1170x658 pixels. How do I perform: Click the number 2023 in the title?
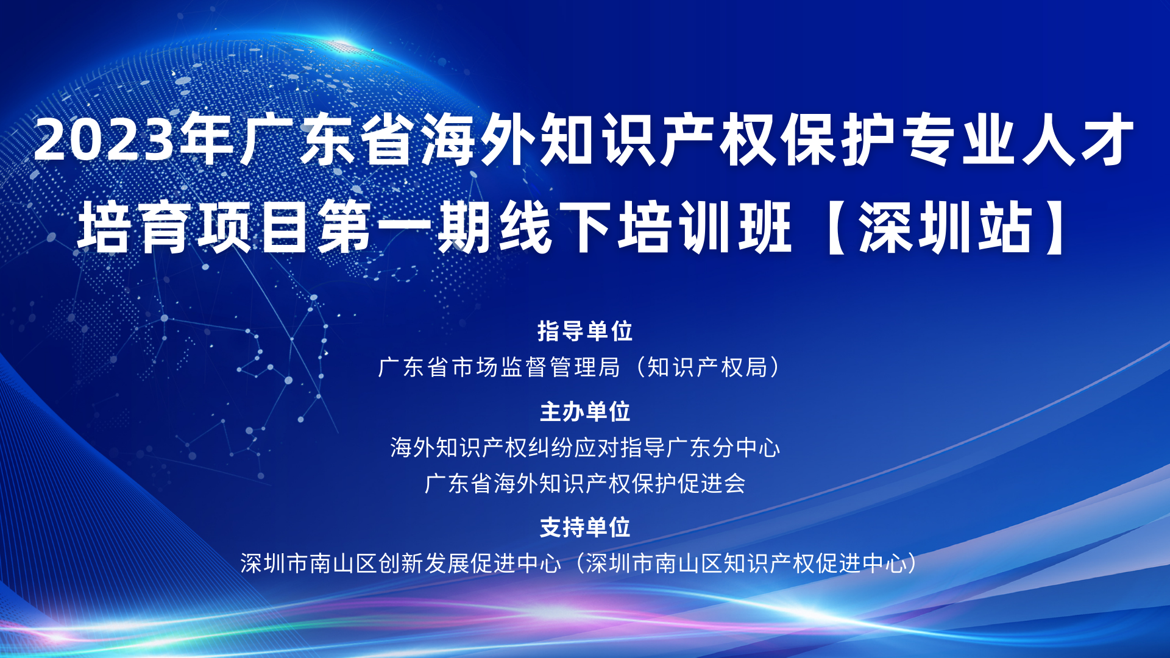[104, 140]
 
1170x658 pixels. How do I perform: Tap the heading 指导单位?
[585, 331]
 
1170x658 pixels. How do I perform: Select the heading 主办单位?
[585, 412]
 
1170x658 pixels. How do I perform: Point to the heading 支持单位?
[585, 528]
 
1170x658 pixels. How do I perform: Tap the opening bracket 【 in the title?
[834, 227]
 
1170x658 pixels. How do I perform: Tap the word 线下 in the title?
[555, 227]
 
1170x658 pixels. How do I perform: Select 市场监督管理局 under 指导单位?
[536, 367]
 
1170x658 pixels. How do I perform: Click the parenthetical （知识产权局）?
[707, 367]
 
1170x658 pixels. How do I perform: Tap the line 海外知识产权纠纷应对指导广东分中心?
[585, 448]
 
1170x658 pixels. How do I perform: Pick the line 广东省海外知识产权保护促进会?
[585, 484]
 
